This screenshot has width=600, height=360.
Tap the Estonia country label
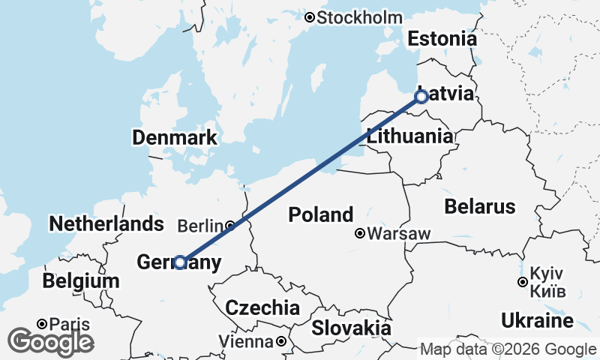[x=442, y=39]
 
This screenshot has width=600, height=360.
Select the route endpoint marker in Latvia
[x=421, y=97]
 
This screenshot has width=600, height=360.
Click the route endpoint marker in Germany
[x=180, y=262]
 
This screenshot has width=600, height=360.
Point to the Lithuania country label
[x=409, y=136]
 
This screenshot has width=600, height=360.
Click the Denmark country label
[x=175, y=138]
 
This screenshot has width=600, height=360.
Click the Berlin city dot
[x=229, y=225]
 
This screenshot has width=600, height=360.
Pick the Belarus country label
[x=480, y=206]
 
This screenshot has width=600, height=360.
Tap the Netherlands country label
[x=106, y=223]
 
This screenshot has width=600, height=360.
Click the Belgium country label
[x=81, y=281]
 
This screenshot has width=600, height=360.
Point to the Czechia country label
[x=262, y=307]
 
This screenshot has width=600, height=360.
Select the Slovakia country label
[x=351, y=328]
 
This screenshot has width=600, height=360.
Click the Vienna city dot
[x=280, y=342]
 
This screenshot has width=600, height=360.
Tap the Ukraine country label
[x=538, y=321]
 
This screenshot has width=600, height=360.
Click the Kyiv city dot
[x=522, y=283]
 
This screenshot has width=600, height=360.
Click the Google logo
[x=50, y=342]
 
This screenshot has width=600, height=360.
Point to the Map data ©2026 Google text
[x=508, y=349]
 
